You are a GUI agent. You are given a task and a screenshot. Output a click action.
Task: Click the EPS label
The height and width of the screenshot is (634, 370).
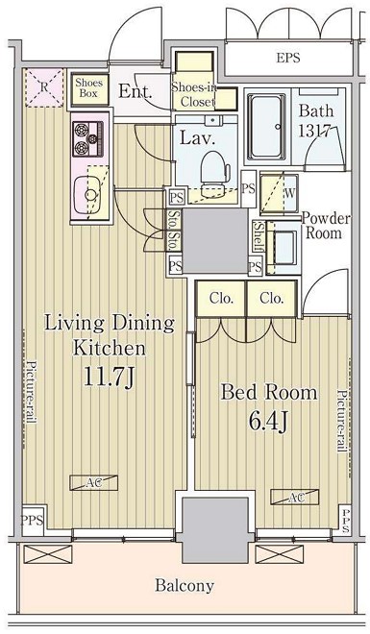coord(288,58)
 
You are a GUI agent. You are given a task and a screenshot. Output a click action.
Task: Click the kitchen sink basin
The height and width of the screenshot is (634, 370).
coord(86,195)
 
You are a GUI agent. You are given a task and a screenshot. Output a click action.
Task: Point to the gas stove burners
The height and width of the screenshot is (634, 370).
coord(88,138)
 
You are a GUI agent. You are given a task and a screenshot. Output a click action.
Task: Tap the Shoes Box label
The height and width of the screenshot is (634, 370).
coord(89,87)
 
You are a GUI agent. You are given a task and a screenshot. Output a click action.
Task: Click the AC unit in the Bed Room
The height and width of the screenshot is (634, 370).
coord(294,497)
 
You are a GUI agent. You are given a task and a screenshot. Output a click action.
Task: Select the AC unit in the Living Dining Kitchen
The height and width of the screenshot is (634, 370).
coord(93,482)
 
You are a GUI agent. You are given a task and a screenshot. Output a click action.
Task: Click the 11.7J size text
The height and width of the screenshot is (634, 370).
coord(109,378)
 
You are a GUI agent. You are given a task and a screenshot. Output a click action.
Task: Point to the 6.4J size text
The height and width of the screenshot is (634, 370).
coord(268,421)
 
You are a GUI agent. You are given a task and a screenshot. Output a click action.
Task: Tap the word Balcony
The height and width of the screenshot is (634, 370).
coord(185,586)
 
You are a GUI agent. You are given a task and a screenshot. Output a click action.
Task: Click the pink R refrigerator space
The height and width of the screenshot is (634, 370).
coord(44,87)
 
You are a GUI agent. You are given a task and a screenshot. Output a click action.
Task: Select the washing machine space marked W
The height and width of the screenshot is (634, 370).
coord(279,194)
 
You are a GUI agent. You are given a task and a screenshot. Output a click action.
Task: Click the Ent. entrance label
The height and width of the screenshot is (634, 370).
coord(136,91)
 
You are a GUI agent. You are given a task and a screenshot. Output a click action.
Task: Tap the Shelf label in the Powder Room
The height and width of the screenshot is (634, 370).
coord(259,236)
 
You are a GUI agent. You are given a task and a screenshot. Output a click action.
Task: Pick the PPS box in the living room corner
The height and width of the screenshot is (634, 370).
coord(33,521)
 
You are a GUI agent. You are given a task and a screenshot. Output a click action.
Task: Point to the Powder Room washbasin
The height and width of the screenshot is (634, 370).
coord(284,247)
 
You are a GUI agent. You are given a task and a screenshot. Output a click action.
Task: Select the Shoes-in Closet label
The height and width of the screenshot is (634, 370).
coord(194,94)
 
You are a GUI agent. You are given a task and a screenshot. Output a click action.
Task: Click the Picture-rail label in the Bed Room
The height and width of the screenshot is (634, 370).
coord(343,421)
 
